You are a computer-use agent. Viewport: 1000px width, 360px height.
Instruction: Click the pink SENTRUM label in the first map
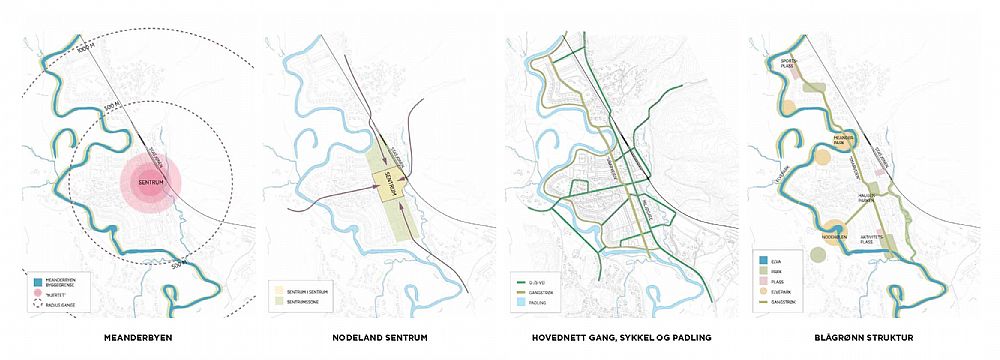[151, 184]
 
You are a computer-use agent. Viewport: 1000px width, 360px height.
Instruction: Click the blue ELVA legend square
[763, 259]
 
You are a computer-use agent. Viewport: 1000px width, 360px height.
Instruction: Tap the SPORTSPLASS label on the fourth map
[788, 61]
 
